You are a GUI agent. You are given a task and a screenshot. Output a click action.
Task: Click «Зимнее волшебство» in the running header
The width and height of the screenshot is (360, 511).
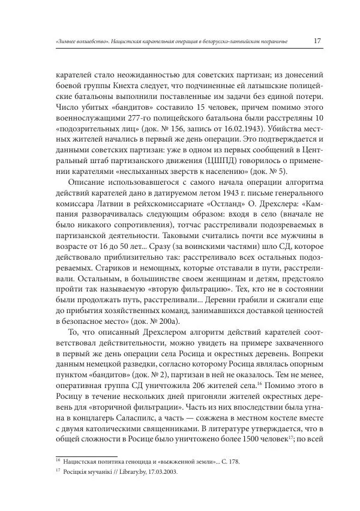(x=75, y=42)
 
